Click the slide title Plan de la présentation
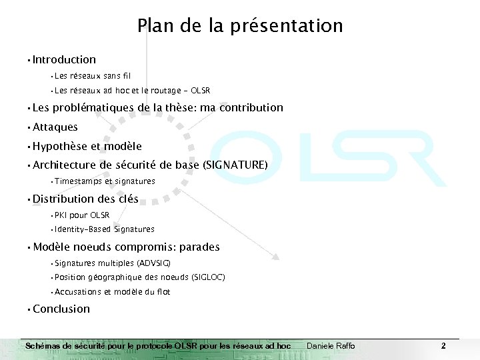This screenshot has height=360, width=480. pos(240,26)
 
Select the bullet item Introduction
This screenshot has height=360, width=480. pos(64,60)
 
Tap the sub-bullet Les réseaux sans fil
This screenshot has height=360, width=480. pos(93,76)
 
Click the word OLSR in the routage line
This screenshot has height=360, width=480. pos(200,91)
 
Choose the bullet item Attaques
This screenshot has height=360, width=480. pos(55,127)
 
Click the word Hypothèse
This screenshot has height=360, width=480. pos(59,147)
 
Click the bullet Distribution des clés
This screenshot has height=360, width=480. pos(85,199)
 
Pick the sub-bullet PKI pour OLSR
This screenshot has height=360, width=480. pos(82,215)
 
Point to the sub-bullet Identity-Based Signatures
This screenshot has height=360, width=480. pos(105,229)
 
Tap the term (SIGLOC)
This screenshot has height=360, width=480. pos(208,277)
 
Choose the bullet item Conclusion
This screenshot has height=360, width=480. pos(61,309)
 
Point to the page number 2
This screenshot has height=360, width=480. pos(443,345)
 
